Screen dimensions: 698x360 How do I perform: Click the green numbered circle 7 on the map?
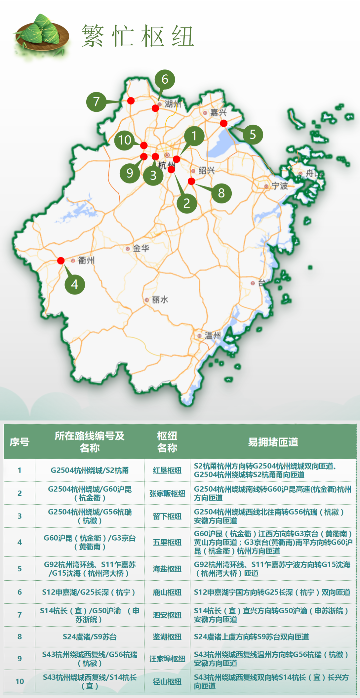point(96,101)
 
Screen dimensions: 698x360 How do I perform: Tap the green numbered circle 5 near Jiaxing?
point(253,134)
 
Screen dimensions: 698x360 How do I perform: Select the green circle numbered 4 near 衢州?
point(75,284)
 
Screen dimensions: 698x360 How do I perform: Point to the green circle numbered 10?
point(125,140)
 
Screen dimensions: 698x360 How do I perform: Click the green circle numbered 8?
point(221,193)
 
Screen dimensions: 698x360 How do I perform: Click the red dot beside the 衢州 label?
point(61,260)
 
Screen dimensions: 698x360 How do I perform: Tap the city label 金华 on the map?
point(141,248)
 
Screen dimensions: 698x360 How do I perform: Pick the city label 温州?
point(212,335)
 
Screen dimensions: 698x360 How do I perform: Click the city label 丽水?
point(160,300)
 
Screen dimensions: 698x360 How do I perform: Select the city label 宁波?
point(279,186)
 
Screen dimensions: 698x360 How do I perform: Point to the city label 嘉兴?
point(218,113)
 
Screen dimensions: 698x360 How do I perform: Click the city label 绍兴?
point(206,171)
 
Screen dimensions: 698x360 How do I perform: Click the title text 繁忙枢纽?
point(137,36)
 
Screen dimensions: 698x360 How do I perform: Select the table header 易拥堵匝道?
point(273,442)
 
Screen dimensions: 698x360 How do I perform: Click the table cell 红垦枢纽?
point(167,471)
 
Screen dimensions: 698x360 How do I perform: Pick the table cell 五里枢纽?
point(167,542)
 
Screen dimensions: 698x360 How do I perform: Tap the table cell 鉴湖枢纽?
point(167,637)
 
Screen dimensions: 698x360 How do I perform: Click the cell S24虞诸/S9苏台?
point(90,637)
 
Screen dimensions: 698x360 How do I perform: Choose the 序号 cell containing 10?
point(20,681)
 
